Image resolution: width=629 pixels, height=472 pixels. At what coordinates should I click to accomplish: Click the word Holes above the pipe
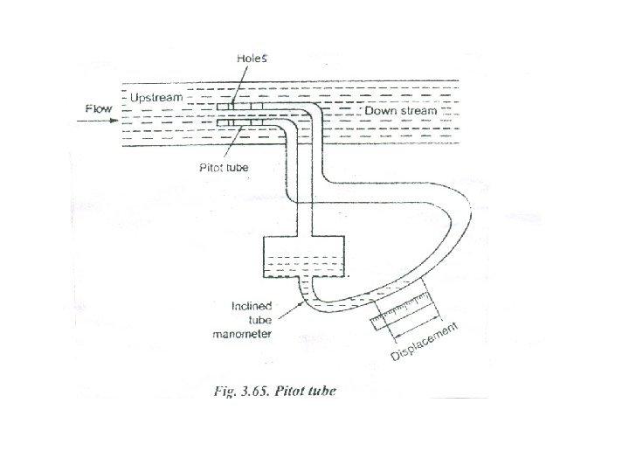point(254,59)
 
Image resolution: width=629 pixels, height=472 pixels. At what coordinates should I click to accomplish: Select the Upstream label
point(156,97)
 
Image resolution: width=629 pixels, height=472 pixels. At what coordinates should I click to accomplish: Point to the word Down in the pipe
point(380,112)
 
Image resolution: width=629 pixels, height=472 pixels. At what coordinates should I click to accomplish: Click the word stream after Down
point(418,112)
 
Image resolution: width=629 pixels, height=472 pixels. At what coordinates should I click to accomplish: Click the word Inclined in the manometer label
point(251,306)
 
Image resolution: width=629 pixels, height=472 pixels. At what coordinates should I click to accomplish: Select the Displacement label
point(425,343)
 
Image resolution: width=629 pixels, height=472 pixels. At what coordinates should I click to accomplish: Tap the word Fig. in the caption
point(225,390)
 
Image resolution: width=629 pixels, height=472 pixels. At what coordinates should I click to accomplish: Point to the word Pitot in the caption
point(289,390)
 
